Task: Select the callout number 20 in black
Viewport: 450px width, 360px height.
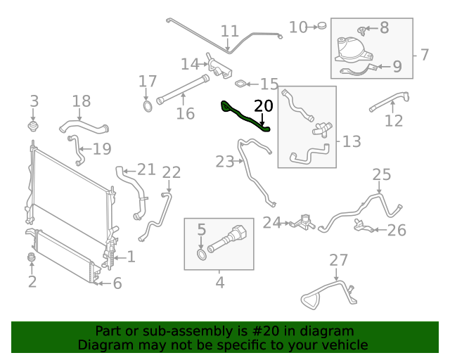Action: tap(263, 106)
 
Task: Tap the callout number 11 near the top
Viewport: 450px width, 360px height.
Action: tap(230, 31)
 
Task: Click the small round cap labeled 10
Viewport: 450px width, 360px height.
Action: tap(321, 26)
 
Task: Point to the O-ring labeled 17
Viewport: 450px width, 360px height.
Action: tap(148, 107)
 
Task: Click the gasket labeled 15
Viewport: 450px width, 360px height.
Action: tap(240, 84)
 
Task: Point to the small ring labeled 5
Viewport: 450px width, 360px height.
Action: tap(202, 253)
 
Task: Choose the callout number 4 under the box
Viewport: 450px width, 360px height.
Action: tap(219, 283)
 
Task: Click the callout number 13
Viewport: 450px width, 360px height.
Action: tap(352, 141)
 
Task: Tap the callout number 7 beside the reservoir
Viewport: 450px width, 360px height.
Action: tap(425, 53)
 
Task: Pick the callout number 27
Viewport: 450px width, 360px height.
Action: tap(339, 260)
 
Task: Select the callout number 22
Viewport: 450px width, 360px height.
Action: tap(172, 172)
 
